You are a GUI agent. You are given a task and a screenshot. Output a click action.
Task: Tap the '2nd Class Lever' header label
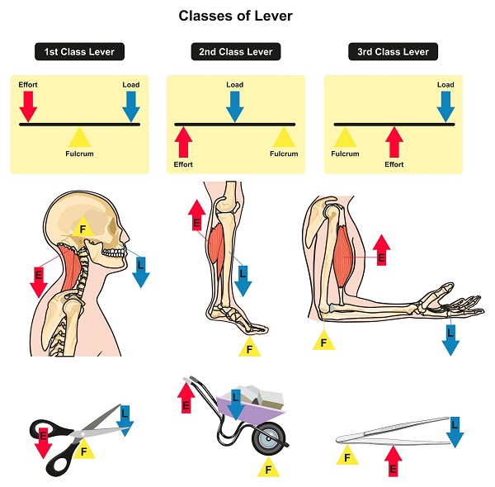pos(235,52)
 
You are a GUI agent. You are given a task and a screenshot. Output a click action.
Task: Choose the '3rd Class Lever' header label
pos(393,52)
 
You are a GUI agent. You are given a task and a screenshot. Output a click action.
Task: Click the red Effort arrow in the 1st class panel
pos(28,105)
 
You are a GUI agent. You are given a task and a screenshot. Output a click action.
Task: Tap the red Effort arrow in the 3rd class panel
pos(394,141)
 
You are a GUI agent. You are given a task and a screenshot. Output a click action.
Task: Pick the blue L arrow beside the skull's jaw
pos(139,266)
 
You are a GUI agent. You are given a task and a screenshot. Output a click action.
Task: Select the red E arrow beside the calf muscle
pos(196,216)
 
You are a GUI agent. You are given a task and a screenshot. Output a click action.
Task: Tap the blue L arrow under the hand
pos(450,338)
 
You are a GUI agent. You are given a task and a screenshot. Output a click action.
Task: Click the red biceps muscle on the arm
pos(344,252)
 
